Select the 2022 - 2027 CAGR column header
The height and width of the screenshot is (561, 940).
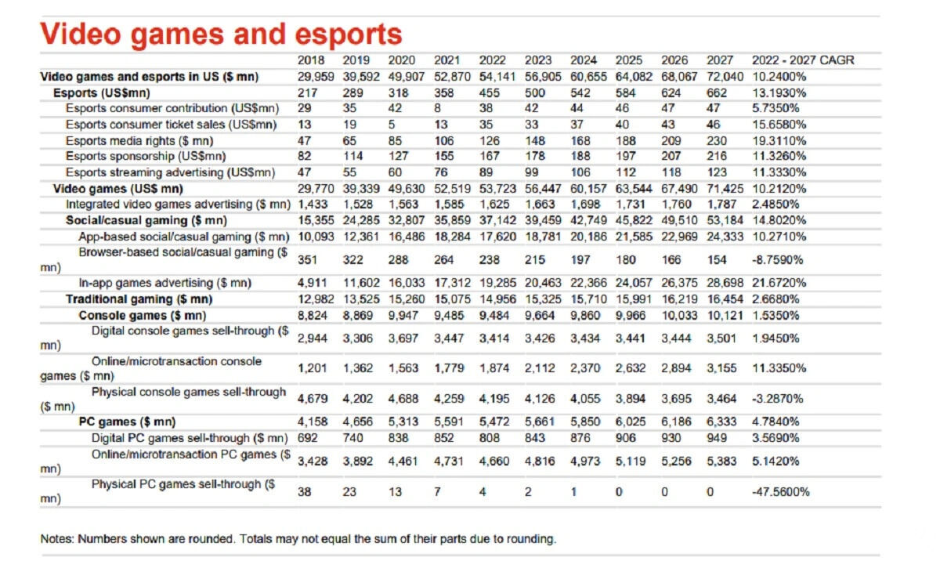[802, 60]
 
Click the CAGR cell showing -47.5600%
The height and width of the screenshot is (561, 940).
[780, 492]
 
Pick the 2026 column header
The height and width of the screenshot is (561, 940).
[674, 60]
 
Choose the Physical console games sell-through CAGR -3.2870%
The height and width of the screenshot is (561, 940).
[778, 399]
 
